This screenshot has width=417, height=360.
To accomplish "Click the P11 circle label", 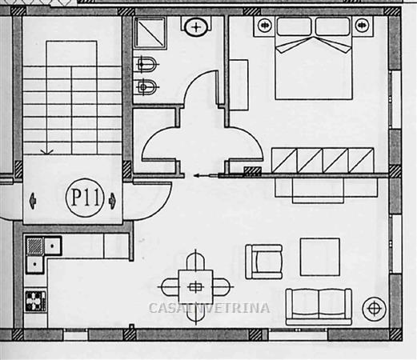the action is pyautogui.click(x=84, y=198).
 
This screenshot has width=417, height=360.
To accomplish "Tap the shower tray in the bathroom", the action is pyautogui.click(x=150, y=33).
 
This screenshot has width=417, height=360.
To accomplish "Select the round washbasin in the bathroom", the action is pyautogui.click(x=196, y=27).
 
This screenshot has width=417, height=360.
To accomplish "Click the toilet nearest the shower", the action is pyautogui.click(x=146, y=64).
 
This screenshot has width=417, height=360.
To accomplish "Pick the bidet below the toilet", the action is pyautogui.click(x=146, y=86).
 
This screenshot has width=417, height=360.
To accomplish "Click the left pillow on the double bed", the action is pyautogui.click(x=294, y=26).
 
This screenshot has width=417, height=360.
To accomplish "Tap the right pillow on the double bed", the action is pyautogui.click(x=333, y=26).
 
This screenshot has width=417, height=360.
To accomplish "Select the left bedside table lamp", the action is pyautogui.click(x=265, y=25).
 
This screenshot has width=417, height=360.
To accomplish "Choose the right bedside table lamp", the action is pyautogui.click(x=362, y=25).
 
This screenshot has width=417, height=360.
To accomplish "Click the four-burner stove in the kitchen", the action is pyautogui.click(x=35, y=302).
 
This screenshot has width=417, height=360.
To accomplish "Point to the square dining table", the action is pyautogui.click(x=195, y=287).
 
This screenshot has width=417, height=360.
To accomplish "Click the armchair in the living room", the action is pyautogui.click(x=263, y=262).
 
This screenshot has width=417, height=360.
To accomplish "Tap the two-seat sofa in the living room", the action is pyautogui.click(x=319, y=306).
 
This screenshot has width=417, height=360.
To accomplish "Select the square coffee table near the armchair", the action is pyautogui.click(x=320, y=257).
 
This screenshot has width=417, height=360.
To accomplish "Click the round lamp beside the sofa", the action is pyautogui.click(x=375, y=309).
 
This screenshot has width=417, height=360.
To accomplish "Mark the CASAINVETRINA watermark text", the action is pyautogui.click(x=209, y=308).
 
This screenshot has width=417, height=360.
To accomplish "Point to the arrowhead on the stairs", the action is pyautogui.click(x=47, y=152).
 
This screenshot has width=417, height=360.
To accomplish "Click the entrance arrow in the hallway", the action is pyautogui.click(x=206, y=175).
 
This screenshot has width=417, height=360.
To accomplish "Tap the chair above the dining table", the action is pyautogui.click(x=195, y=262).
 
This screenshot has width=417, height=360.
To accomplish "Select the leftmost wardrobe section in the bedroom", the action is pyautogui.click(x=284, y=160).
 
